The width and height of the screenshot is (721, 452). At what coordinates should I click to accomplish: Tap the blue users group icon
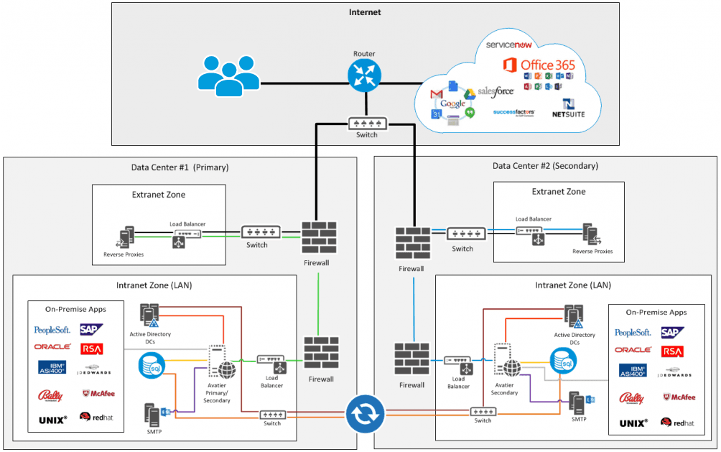(228, 74)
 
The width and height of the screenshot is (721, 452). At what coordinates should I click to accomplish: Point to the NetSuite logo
(569, 109)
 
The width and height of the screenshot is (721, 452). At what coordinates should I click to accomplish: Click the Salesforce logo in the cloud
(496, 92)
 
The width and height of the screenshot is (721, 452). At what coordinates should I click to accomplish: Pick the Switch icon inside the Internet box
(366, 123)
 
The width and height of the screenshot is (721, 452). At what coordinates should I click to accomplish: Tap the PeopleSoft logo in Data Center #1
(52, 331)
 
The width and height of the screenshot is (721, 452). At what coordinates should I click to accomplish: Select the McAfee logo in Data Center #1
(98, 394)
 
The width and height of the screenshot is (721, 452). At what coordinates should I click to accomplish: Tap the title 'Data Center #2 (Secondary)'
(545, 166)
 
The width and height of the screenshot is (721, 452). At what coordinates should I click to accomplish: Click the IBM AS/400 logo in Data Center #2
(633, 372)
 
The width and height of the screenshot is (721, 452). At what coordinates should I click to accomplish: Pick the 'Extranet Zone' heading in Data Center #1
(159, 195)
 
